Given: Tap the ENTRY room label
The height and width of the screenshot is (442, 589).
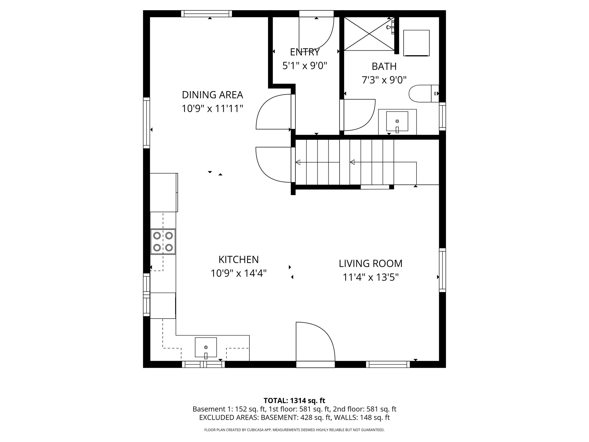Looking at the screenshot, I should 305,52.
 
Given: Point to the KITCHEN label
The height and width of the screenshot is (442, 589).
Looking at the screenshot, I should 238,260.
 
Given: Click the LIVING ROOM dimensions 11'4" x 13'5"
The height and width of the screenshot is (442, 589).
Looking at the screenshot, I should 370,277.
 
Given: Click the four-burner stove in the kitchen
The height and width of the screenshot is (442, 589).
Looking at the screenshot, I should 163,242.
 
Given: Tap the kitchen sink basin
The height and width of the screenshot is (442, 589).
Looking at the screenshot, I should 206,347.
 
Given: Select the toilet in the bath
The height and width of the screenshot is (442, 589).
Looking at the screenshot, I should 423,94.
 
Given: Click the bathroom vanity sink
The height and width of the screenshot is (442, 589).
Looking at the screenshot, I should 397,121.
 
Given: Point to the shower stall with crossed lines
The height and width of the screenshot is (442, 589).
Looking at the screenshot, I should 369,34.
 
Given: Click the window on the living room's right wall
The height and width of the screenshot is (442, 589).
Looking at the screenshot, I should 442,270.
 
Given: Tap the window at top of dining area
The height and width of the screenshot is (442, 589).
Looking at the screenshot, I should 206,14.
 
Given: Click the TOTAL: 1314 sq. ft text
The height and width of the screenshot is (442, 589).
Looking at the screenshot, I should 294,400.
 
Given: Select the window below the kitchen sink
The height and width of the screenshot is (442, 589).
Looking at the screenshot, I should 203,364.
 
